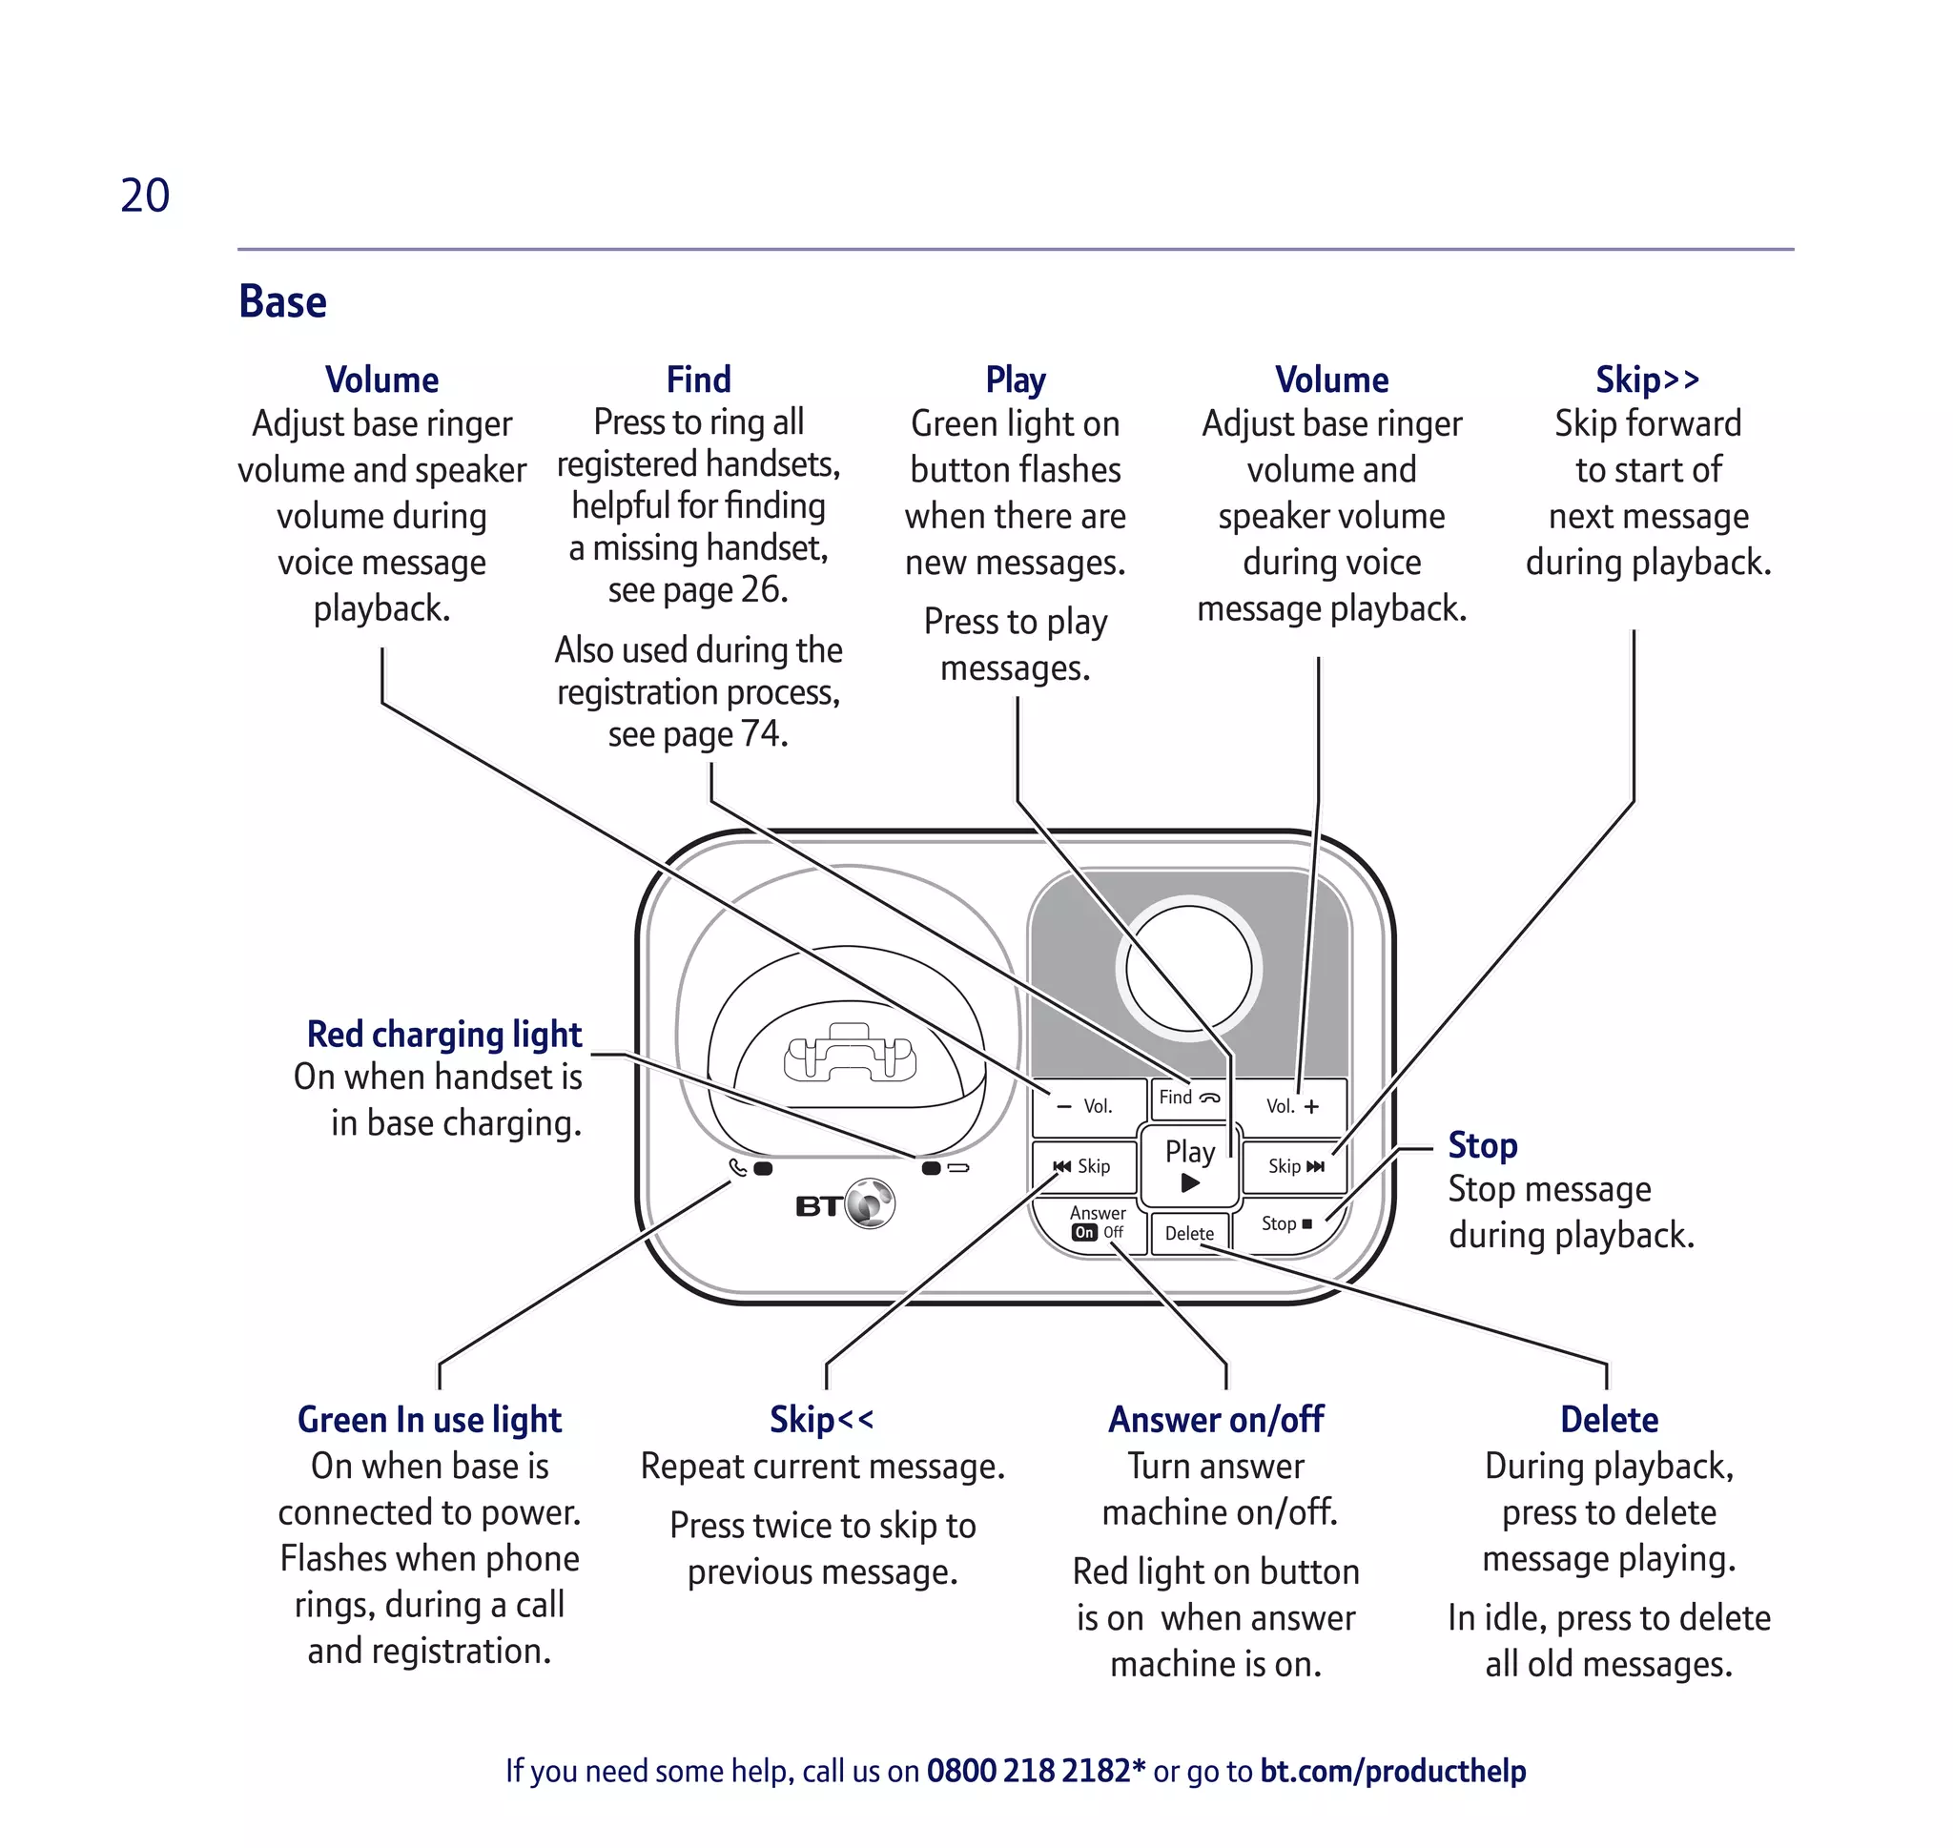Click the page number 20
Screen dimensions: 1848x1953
tap(145, 195)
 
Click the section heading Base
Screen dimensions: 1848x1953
tap(282, 301)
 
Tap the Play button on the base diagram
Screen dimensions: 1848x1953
tap(1189, 1165)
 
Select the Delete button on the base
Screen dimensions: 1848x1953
tap(1189, 1233)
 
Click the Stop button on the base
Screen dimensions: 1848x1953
tap(1286, 1223)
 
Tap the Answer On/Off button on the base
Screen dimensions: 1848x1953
tap(1096, 1223)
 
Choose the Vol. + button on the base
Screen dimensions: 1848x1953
tap(1291, 1106)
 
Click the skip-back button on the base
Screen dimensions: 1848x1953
tap(1082, 1166)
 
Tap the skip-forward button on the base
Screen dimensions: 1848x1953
tap(1295, 1166)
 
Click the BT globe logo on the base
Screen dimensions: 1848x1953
tap(870, 1203)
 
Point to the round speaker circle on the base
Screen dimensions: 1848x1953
tap(1188, 968)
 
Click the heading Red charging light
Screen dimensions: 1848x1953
tap(444, 1035)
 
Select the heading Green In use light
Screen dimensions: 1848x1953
tap(429, 1420)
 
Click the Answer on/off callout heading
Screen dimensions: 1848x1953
tap(1216, 1420)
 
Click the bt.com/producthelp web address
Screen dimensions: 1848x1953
tap(1392, 1770)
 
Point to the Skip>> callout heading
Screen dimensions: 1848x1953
tap(1648, 380)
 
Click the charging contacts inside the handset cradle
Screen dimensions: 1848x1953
tap(850, 1056)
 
